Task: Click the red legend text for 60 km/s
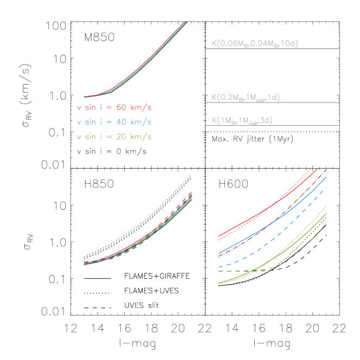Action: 114,107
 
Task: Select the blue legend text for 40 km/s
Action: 114,122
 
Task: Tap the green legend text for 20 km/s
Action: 114,137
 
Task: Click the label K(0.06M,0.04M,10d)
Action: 254,43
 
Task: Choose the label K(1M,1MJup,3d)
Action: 241,120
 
